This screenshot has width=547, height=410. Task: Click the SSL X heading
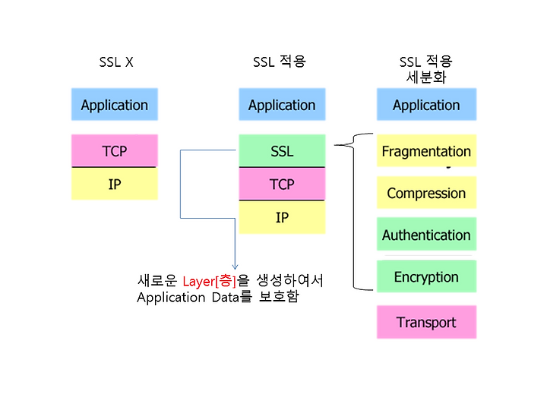pyautogui.click(x=116, y=62)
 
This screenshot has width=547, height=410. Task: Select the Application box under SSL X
pyautogui.click(x=115, y=104)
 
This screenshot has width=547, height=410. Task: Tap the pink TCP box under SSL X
pyautogui.click(x=115, y=150)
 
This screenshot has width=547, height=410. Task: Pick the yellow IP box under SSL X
pyautogui.click(x=115, y=184)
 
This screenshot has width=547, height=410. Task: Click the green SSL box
pyautogui.click(x=282, y=150)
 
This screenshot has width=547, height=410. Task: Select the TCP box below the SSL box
pyautogui.click(x=282, y=184)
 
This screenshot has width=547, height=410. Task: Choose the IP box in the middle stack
pyautogui.click(x=282, y=217)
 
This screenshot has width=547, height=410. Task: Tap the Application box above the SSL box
pyautogui.click(x=282, y=104)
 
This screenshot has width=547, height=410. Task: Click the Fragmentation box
pyautogui.click(x=427, y=150)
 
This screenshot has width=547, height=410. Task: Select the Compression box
pyautogui.click(x=427, y=192)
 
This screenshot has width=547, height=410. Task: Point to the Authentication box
pyautogui.click(x=427, y=235)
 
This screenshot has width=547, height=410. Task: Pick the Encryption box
pyautogui.click(x=427, y=276)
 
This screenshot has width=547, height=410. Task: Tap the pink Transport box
pyautogui.click(x=427, y=322)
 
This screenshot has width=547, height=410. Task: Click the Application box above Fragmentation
pyautogui.click(x=427, y=104)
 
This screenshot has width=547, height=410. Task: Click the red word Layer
pyautogui.click(x=198, y=282)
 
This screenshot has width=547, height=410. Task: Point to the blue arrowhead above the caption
pyautogui.click(x=235, y=267)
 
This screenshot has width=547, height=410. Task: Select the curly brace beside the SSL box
pyautogui.click(x=353, y=211)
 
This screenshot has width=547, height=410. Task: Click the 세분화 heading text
pyautogui.click(x=426, y=77)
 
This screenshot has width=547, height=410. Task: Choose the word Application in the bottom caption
pyautogui.click(x=171, y=298)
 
